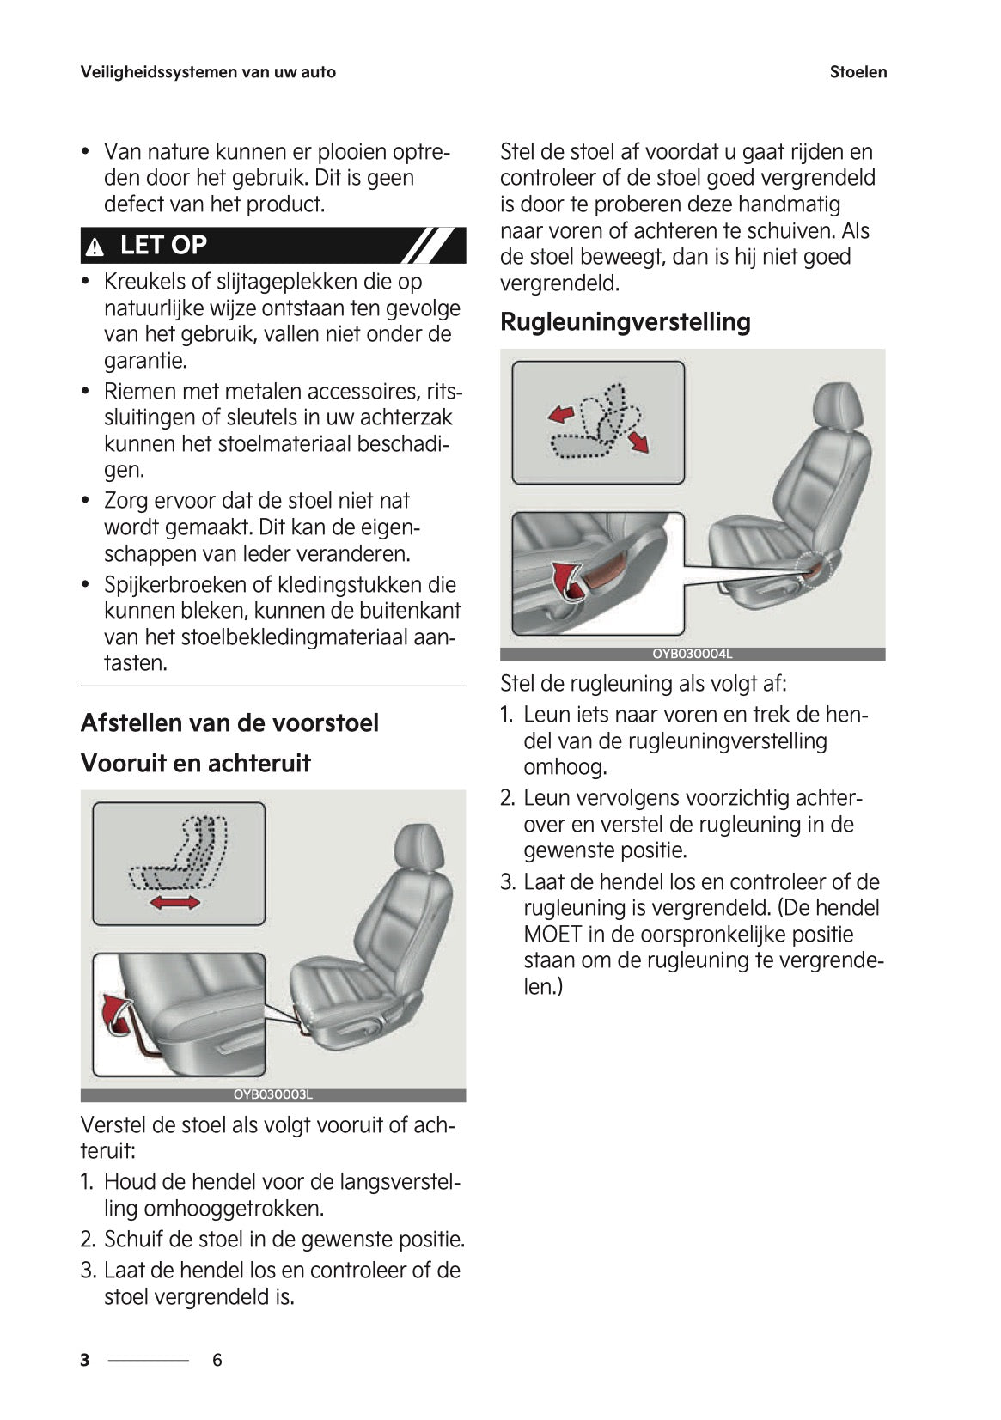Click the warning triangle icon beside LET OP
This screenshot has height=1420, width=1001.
pyautogui.click(x=95, y=248)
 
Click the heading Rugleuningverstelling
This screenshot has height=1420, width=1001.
pyautogui.click(x=625, y=322)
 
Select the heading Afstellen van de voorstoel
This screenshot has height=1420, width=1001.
pyautogui.click(x=229, y=722)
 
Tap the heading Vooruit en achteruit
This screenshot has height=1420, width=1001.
pyautogui.click(x=195, y=763)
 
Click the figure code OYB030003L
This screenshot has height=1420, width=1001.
pyautogui.click(x=273, y=1094)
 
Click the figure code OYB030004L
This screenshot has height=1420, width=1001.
pyautogui.click(x=692, y=654)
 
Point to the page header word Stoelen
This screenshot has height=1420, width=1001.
pyautogui.click(x=858, y=72)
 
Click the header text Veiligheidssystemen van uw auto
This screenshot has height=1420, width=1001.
pyautogui.click(x=208, y=72)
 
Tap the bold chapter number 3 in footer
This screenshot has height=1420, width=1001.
pyautogui.click(x=85, y=1360)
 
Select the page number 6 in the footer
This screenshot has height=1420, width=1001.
pyautogui.click(x=217, y=1360)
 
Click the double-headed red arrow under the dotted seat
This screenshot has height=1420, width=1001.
pyautogui.click(x=174, y=901)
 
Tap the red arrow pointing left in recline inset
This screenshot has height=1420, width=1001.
pyautogui.click(x=560, y=415)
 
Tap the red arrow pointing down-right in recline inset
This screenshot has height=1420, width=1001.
pyautogui.click(x=638, y=442)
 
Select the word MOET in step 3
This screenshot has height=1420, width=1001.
pyautogui.click(x=551, y=934)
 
